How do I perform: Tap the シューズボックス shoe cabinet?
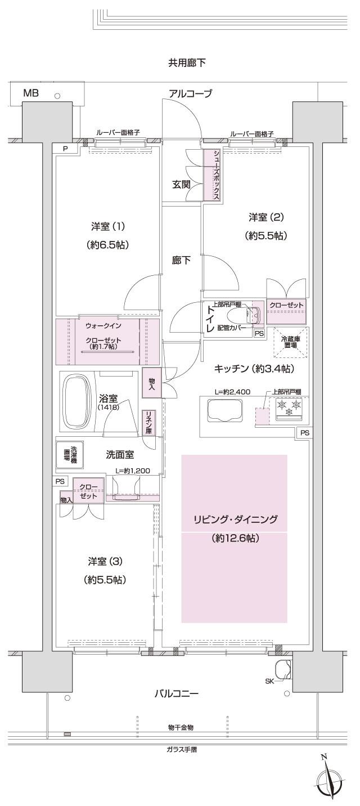[212, 174]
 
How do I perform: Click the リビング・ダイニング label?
[233, 520]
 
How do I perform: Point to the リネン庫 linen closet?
[148, 422]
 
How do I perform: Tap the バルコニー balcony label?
[177, 694]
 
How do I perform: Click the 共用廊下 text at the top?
[187, 63]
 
